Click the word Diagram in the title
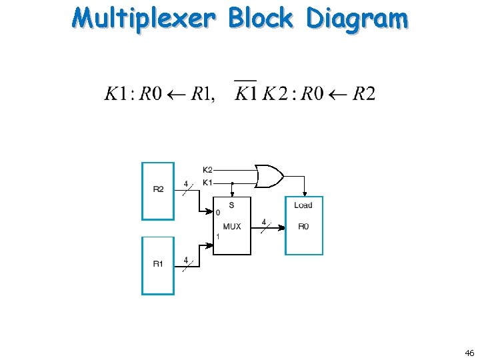pyautogui.click(x=357, y=19)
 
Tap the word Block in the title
pyautogui.click(x=261, y=18)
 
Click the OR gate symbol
pyautogui.click(x=269, y=176)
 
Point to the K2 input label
pyautogui.click(x=207, y=170)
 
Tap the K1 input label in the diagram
pyautogui.click(x=207, y=182)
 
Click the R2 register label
pyautogui.click(x=158, y=189)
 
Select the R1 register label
pyautogui.click(x=158, y=264)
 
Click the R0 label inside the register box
pyautogui.click(x=303, y=227)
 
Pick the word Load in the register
pyautogui.click(x=303, y=205)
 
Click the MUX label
pyautogui.click(x=232, y=227)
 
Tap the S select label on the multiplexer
pyautogui.click(x=231, y=205)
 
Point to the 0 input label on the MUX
pyautogui.click(x=217, y=213)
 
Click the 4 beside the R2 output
pyautogui.click(x=186, y=183)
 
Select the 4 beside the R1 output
pyautogui.click(x=186, y=259)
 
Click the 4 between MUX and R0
pyautogui.click(x=264, y=221)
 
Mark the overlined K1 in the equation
pyautogui.click(x=246, y=93)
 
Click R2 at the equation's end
pyautogui.click(x=363, y=93)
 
